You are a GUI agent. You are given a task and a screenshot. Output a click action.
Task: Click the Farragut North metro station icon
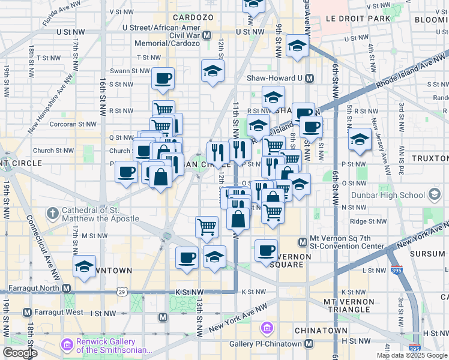[x=66, y=288]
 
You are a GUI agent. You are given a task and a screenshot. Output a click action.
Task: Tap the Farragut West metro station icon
[x=27, y=313]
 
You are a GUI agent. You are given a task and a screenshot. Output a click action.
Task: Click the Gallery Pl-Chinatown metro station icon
[x=309, y=344]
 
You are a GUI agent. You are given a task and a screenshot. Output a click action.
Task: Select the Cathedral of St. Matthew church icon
[x=53, y=213]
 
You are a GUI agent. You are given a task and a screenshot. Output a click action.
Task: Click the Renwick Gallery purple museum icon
[x=66, y=345]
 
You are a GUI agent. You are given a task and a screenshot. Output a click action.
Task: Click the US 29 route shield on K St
[x=122, y=292]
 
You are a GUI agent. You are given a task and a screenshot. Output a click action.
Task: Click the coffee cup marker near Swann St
[x=162, y=78]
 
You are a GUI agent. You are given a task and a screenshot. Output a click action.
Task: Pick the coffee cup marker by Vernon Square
[x=267, y=250]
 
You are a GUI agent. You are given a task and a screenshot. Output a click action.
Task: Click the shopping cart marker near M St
[x=207, y=226]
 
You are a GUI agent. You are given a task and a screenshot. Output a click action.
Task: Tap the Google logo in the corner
[x=20, y=353]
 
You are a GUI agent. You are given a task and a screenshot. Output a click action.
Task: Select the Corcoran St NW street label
[x=75, y=124]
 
